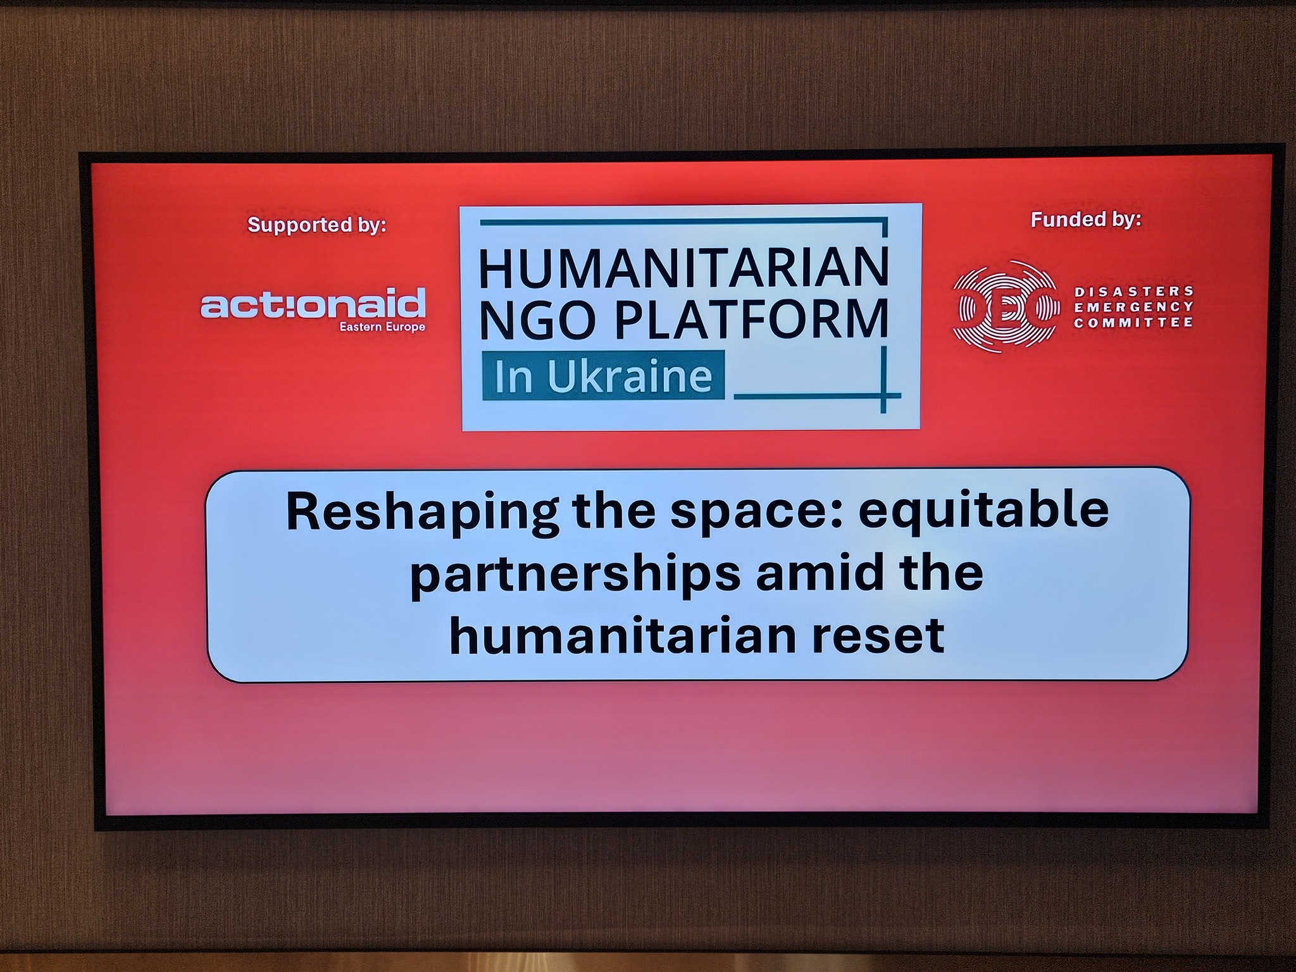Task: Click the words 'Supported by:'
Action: pos(317,225)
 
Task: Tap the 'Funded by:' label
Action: pos(1086,220)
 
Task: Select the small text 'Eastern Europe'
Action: pos(382,327)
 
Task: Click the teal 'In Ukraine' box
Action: pos(603,375)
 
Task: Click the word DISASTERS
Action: pos(1134,291)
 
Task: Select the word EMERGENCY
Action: pos(1134,307)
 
